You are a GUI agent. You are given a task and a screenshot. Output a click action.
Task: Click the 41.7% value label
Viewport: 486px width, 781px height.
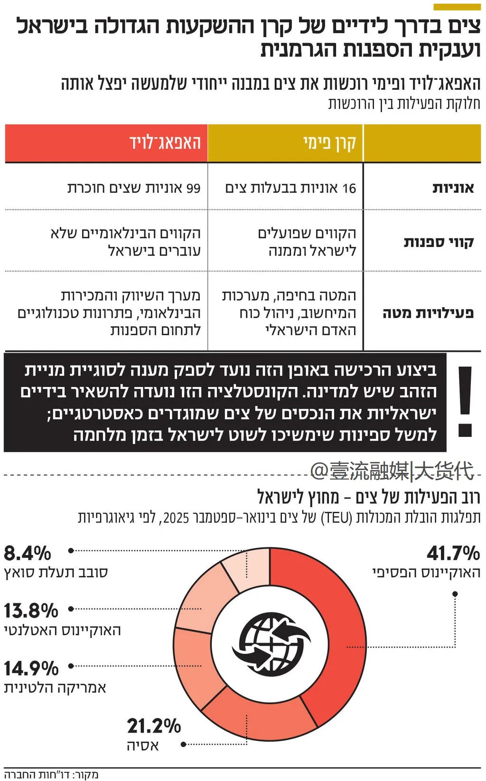[x=453, y=554]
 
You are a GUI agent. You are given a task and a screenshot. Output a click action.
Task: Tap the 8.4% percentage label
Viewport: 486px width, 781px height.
[x=28, y=554]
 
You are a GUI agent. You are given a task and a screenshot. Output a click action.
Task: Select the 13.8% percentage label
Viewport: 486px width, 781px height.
[x=31, y=611]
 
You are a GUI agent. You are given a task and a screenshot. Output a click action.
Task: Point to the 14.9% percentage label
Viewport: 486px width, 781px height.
[x=31, y=668]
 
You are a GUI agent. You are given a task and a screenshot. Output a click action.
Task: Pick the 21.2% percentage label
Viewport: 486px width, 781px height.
[x=154, y=726]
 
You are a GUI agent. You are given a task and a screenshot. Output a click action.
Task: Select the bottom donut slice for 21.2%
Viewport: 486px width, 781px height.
[x=252, y=712]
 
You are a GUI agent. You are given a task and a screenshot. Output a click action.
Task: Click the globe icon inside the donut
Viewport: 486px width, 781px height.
[x=271, y=644]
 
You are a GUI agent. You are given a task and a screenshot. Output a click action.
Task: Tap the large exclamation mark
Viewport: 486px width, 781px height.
[x=465, y=401]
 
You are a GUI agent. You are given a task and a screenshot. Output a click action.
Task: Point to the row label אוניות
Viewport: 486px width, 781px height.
[x=453, y=188]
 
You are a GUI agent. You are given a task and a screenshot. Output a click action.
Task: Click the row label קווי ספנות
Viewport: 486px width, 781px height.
[x=439, y=242]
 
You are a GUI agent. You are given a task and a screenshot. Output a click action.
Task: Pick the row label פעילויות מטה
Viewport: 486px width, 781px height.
[x=428, y=313]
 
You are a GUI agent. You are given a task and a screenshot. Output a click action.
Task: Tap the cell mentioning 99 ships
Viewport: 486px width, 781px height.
[x=134, y=188]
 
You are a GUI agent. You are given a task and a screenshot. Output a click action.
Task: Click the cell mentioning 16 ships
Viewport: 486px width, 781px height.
[x=290, y=188]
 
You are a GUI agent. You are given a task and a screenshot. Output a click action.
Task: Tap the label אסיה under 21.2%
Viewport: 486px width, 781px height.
[x=143, y=745]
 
